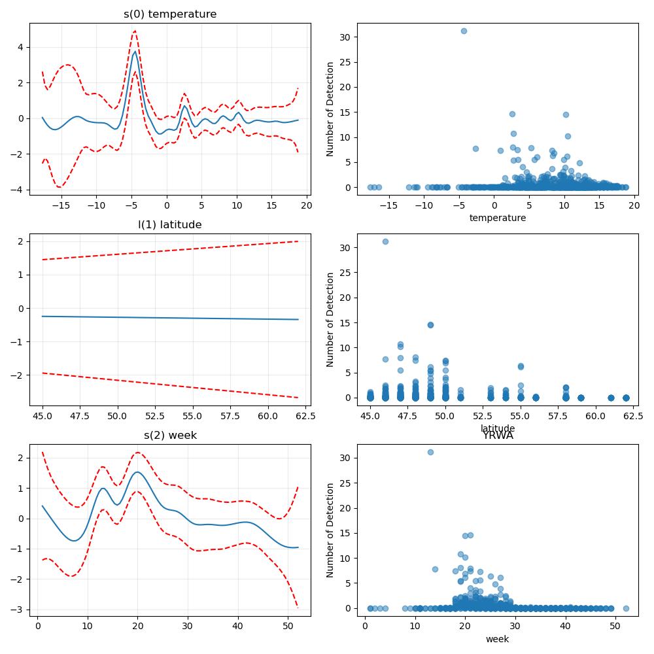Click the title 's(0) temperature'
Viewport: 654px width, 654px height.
point(170,14)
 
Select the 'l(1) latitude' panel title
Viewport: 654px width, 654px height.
point(170,225)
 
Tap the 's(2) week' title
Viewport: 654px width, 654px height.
point(170,436)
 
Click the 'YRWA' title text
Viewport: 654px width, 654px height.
point(498,436)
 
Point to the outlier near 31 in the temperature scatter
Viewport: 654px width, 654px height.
point(464,31)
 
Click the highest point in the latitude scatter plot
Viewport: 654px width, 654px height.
point(385,241)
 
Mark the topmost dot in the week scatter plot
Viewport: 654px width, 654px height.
point(430,452)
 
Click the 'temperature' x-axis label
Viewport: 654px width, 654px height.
point(498,218)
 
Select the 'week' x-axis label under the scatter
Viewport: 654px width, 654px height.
point(498,639)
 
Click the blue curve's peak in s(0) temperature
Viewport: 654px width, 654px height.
point(135,52)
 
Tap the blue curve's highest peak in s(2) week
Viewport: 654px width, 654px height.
point(137,472)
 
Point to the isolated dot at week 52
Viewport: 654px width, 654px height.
point(626,608)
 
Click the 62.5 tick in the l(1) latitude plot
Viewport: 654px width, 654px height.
point(305,416)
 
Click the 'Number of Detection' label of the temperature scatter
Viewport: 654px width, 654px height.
point(330,109)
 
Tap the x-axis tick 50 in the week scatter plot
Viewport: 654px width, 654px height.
point(615,627)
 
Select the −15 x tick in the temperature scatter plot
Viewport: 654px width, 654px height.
point(388,205)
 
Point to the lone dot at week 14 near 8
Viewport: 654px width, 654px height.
point(435,570)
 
